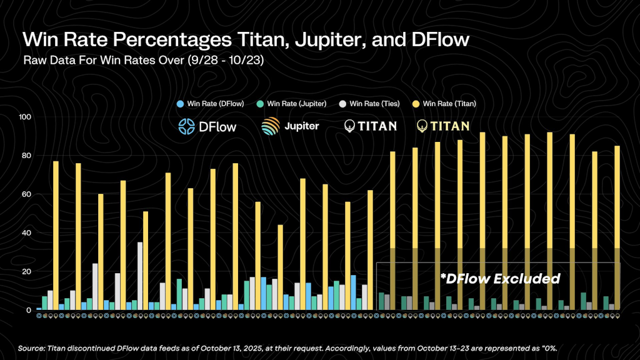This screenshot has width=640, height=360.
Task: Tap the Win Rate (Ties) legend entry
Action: click(x=373, y=103)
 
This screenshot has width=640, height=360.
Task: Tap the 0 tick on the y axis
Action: click(x=29, y=310)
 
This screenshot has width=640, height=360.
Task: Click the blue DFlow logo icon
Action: click(x=187, y=126)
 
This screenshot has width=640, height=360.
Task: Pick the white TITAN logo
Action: click(x=370, y=126)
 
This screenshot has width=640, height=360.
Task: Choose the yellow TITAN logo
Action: click(x=443, y=126)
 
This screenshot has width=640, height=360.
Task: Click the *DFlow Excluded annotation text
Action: click(x=499, y=279)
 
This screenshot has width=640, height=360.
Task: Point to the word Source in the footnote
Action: click(x=32, y=347)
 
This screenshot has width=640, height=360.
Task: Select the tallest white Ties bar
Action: click(x=140, y=276)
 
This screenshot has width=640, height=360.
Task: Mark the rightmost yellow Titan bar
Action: click(x=617, y=227)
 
